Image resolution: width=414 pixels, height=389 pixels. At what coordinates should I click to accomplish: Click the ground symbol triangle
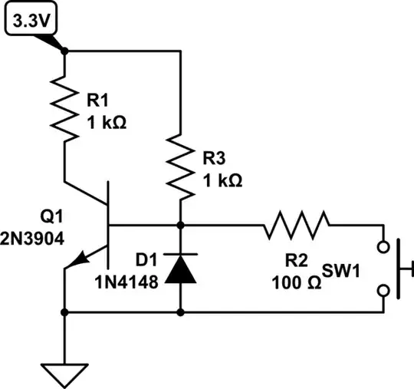(x=64, y=374)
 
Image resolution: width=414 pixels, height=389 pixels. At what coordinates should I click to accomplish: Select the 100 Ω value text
(x=296, y=282)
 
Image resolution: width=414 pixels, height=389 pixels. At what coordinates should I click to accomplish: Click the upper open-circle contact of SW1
(x=384, y=248)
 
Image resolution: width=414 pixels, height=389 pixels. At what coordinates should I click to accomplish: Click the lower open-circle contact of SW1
(x=384, y=290)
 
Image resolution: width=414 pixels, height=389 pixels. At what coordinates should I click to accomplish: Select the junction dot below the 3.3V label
(x=64, y=52)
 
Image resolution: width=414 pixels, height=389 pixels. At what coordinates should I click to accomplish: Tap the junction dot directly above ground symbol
(x=64, y=312)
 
